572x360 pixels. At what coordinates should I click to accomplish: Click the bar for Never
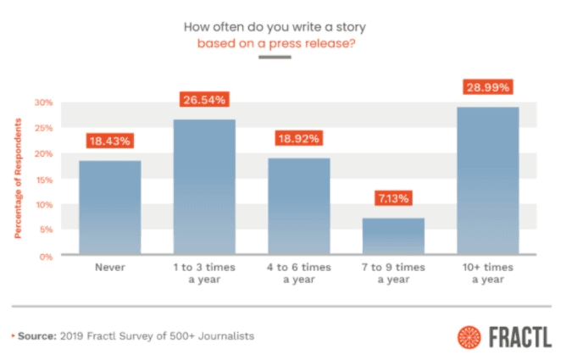point(110,208)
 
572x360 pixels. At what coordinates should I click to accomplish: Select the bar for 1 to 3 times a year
point(204,186)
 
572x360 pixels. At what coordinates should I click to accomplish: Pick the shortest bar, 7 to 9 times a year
point(393,236)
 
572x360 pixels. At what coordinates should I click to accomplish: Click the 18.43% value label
point(110,141)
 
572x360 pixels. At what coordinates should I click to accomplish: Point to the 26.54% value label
point(204,100)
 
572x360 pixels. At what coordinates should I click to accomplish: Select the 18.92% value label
point(298,139)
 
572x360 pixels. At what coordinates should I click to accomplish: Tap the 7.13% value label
point(393,198)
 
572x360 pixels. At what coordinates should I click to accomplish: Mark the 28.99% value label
point(487,87)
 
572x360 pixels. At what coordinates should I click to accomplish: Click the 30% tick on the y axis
point(43,102)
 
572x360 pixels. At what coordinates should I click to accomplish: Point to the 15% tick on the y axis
point(43,179)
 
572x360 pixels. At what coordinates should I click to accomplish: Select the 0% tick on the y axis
point(46,255)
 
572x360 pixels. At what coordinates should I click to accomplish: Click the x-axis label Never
point(110,267)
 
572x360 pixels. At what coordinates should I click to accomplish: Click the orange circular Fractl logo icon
point(469,336)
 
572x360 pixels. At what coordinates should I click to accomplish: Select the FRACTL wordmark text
point(519,336)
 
